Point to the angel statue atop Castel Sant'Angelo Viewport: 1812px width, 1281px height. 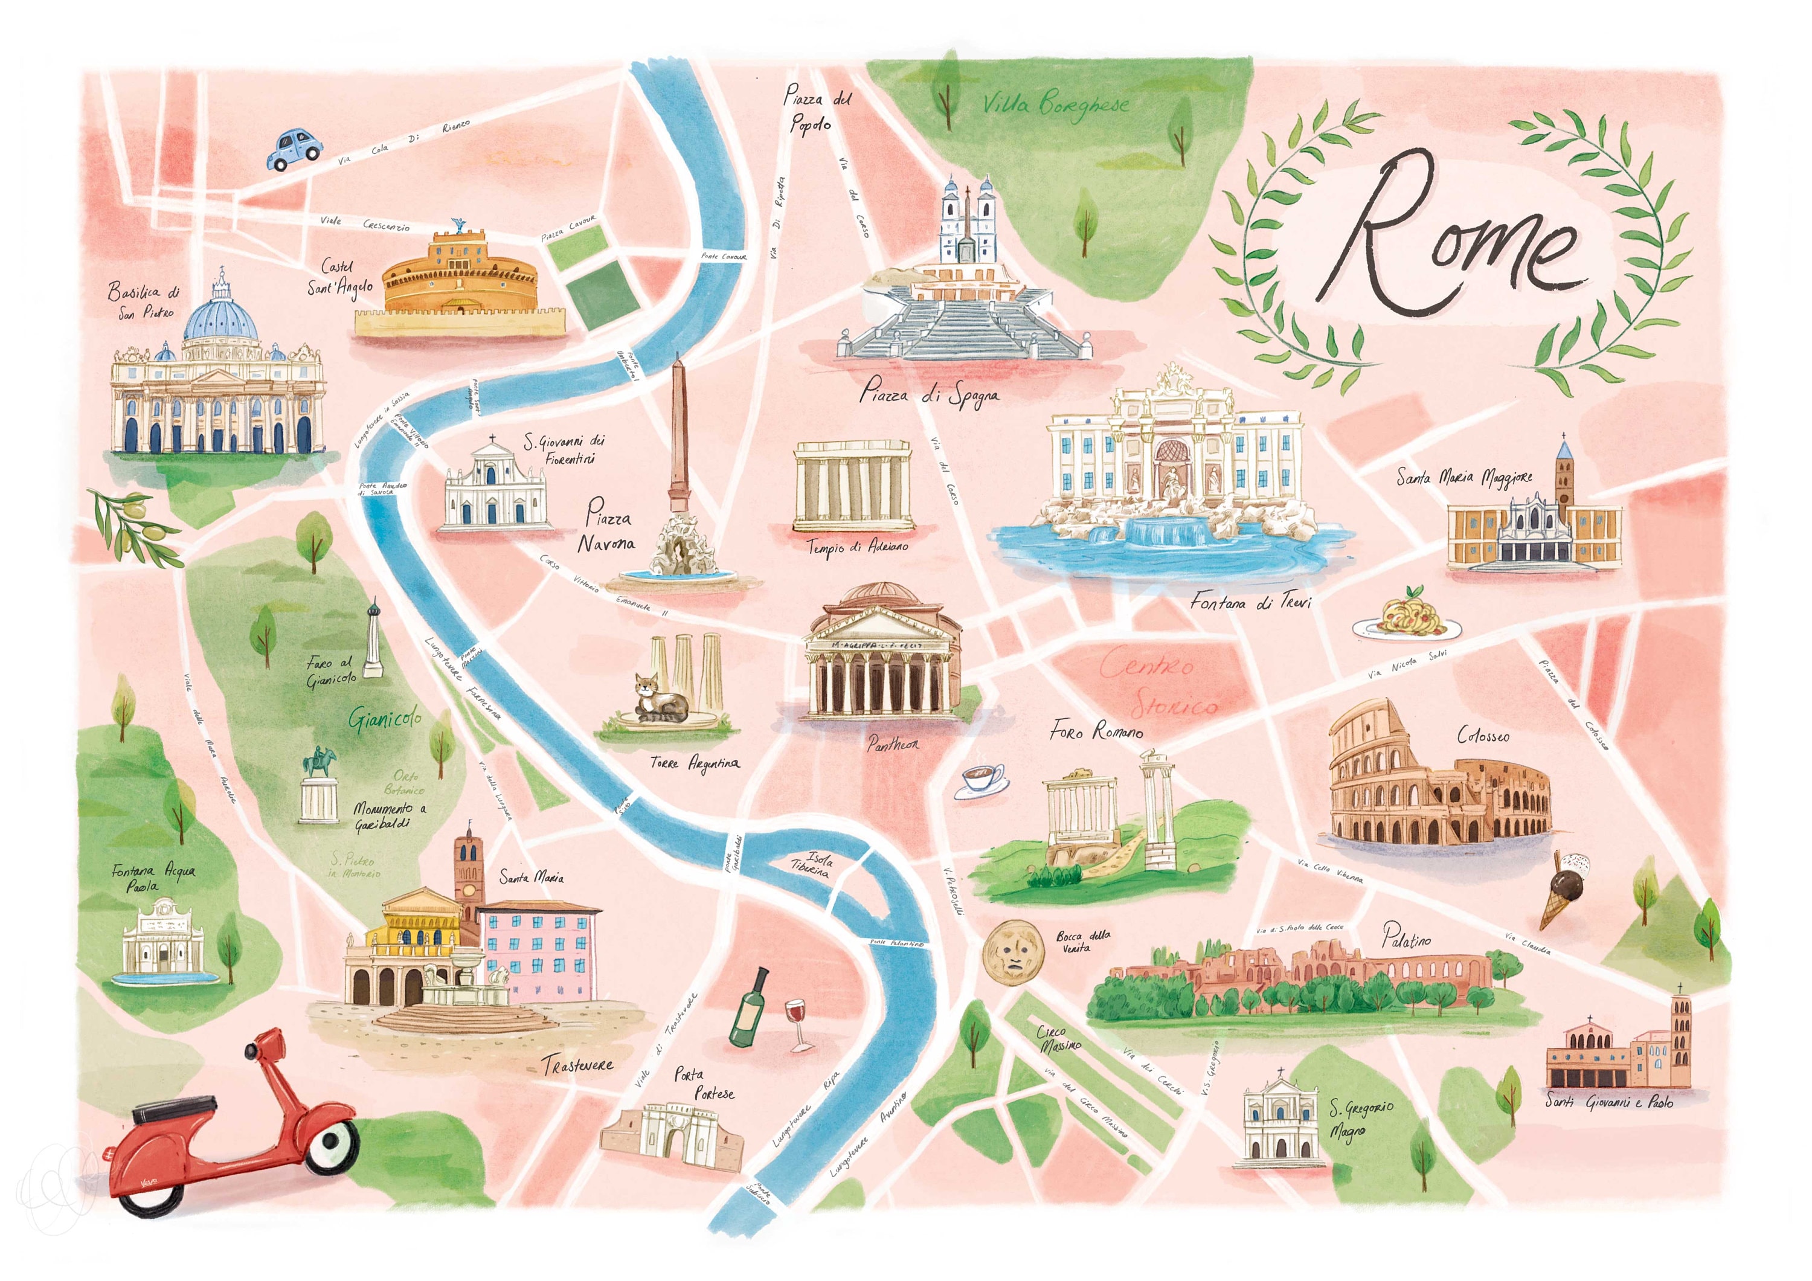click(x=457, y=225)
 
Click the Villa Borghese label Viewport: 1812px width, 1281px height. click(x=1055, y=104)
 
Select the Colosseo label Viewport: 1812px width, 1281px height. click(x=1482, y=736)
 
